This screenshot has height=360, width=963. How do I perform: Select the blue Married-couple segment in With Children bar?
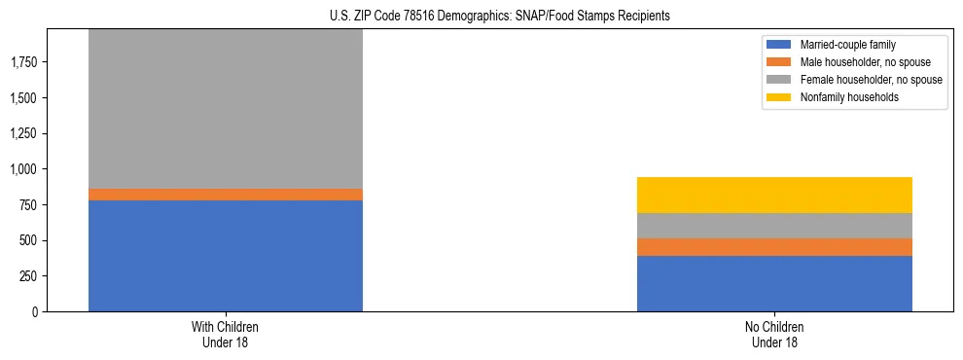[226, 255]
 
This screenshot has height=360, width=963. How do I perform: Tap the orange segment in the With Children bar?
[226, 195]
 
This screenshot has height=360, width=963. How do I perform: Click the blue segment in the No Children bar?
[774, 283]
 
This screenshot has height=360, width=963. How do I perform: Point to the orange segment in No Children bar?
[774, 247]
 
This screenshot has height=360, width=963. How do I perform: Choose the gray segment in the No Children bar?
[774, 226]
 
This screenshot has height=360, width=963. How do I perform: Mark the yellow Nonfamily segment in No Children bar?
[774, 195]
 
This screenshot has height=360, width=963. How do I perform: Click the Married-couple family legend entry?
[847, 45]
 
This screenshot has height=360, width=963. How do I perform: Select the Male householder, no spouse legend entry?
[862, 62]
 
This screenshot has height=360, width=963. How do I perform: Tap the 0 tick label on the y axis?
[36, 311]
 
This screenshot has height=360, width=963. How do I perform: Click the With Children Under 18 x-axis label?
[226, 335]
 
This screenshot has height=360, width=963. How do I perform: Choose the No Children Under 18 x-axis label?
[774, 335]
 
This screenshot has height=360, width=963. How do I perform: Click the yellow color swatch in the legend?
[779, 97]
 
